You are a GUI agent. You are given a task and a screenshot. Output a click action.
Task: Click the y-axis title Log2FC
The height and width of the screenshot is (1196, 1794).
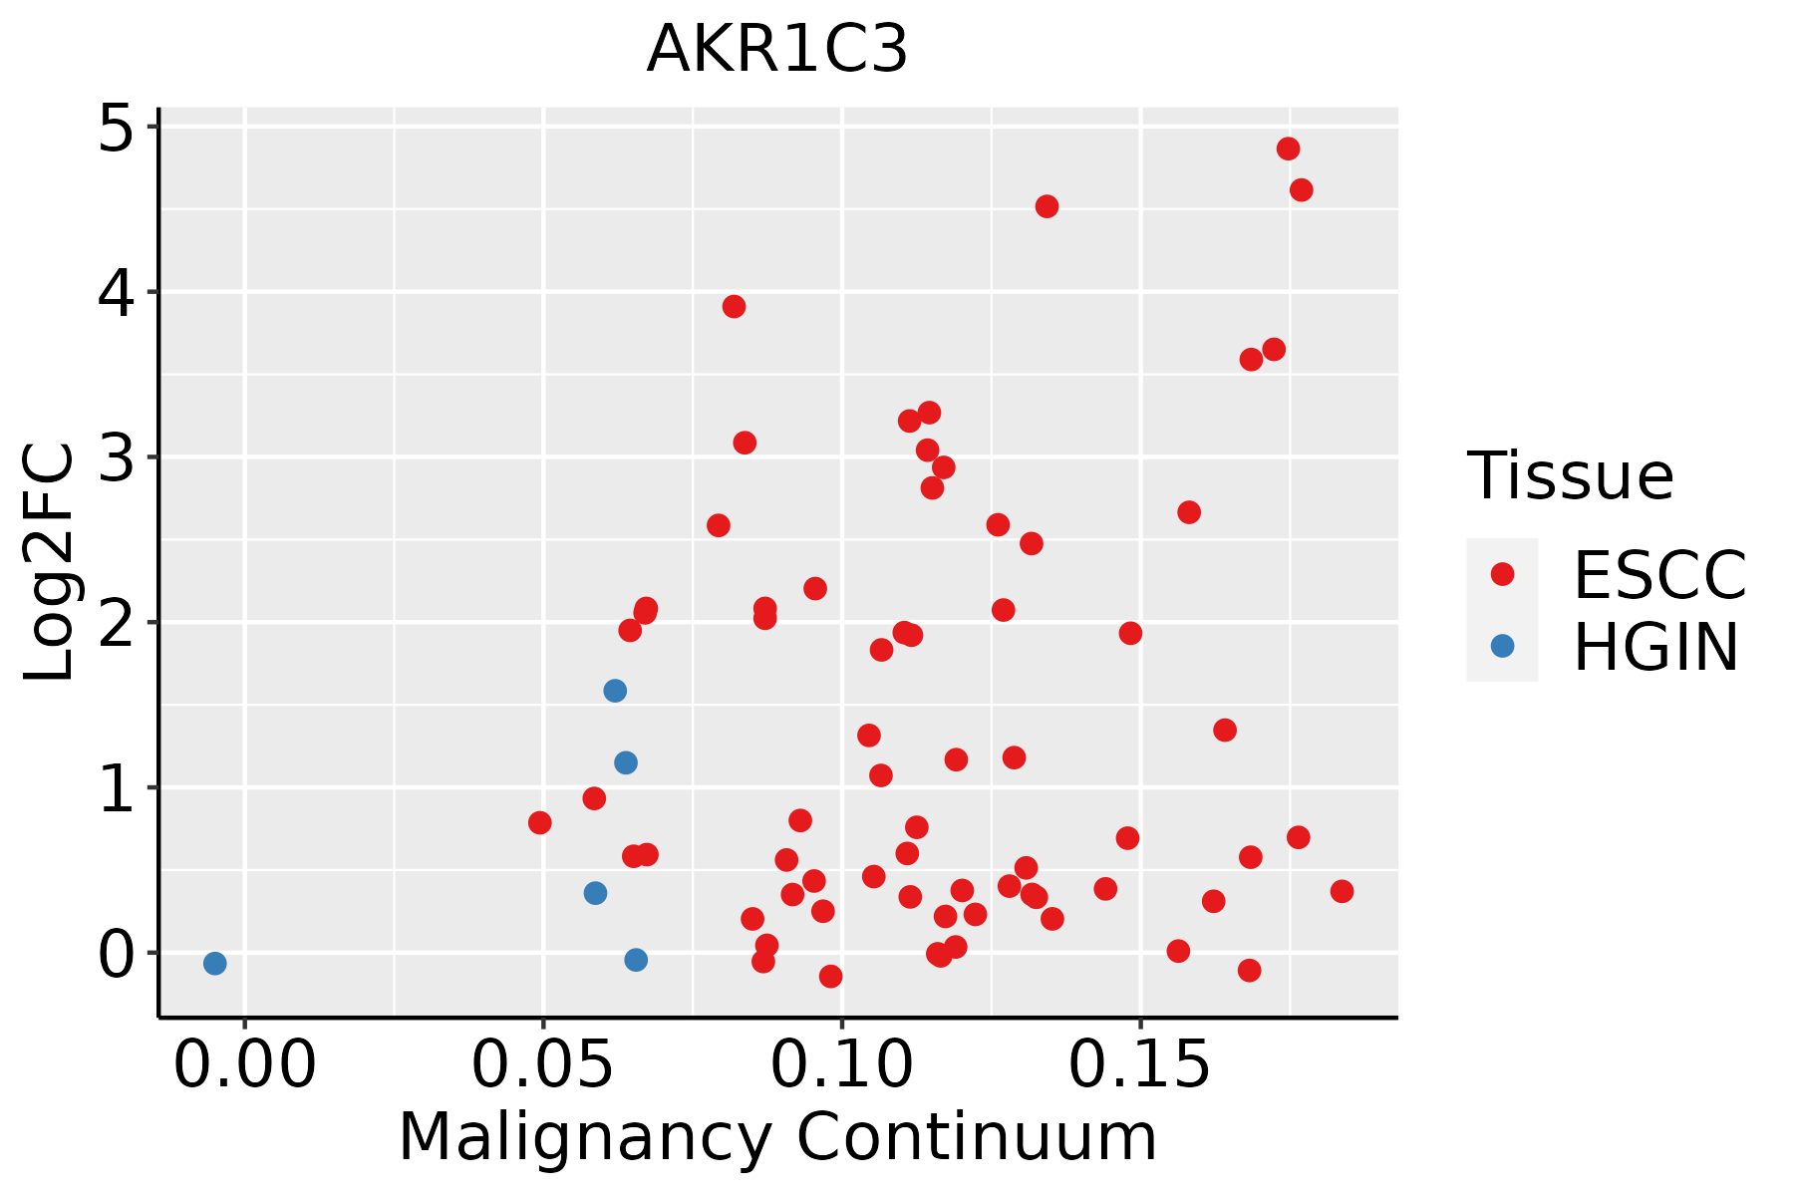tap(50, 563)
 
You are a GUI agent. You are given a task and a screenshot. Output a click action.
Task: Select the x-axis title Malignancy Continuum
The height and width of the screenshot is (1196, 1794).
tap(777, 1137)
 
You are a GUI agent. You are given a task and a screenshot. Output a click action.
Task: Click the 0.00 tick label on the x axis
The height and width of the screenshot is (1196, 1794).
tap(245, 1065)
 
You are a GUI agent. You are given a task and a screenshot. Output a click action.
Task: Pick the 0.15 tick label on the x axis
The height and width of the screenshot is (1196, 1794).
tap(1140, 1065)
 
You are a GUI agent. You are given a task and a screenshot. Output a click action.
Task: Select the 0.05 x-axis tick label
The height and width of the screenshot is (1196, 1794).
tap(543, 1065)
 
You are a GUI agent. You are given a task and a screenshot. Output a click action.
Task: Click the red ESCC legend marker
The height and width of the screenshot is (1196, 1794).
tap(1502, 574)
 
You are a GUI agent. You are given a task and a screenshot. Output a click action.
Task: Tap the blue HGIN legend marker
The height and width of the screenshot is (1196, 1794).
tap(1502, 646)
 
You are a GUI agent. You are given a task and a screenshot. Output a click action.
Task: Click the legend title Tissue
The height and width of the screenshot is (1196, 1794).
tap(1571, 476)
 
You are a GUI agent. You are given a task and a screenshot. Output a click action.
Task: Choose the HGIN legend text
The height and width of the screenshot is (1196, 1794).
tap(1655, 648)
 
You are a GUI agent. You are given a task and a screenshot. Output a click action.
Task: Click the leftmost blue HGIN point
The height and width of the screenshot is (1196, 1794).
tap(214, 963)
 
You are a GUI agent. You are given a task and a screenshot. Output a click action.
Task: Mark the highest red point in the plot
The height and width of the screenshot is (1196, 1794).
tap(1289, 149)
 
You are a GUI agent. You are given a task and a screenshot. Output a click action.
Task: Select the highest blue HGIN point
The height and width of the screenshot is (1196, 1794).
tap(615, 691)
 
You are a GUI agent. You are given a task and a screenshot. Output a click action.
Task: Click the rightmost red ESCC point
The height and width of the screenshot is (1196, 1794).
tap(1342, 891)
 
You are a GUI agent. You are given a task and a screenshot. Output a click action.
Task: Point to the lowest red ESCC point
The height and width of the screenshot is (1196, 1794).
tap(830, 976)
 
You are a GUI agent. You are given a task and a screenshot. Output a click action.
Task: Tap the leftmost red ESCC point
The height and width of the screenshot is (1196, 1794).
tap(540, 822)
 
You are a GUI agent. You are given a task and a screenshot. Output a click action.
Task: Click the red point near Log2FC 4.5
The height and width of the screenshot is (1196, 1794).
tap(1046, 206)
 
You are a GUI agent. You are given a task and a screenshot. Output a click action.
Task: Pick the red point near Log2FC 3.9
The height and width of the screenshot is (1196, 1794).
tap(734, 306)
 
